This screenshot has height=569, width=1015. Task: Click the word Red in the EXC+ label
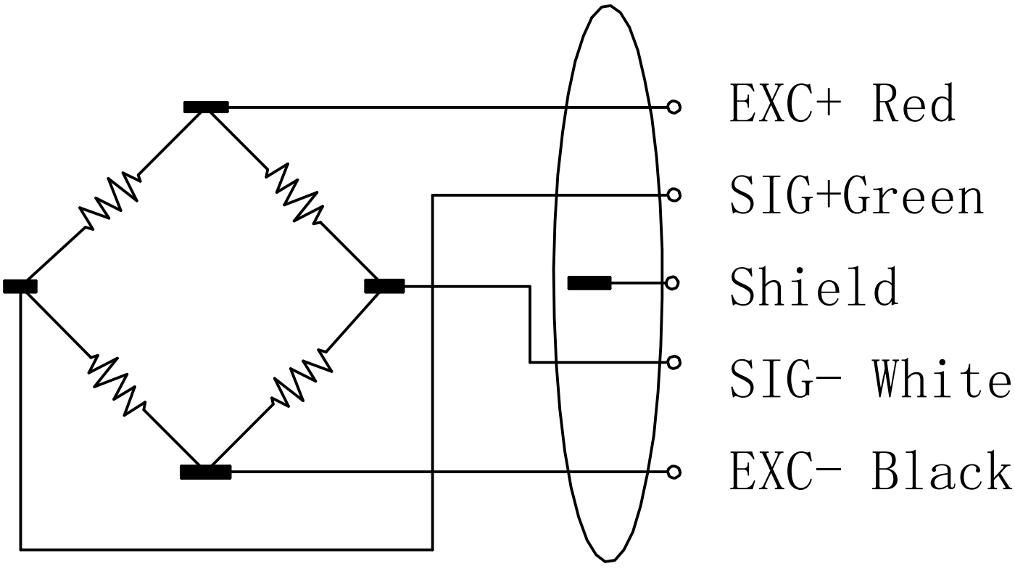click(913, 105)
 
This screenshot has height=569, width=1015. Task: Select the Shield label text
click(814, 285)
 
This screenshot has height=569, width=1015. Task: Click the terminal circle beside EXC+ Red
click(674, 107)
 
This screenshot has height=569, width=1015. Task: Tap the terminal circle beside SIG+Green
click(674, 195)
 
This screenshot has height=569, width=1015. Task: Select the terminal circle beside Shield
click(673, 283)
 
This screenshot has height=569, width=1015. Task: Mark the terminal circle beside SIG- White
click(674, 361)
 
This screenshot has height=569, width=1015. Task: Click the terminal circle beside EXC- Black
click(674, 472)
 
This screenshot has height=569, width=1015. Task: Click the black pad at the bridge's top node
click(206, 107)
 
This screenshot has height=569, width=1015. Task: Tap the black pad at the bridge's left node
click(20, 286)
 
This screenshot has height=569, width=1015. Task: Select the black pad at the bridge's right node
click(384, 286)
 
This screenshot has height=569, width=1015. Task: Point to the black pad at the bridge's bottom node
click(206, 472)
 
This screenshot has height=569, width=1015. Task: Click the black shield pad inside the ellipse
click(589, 283)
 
